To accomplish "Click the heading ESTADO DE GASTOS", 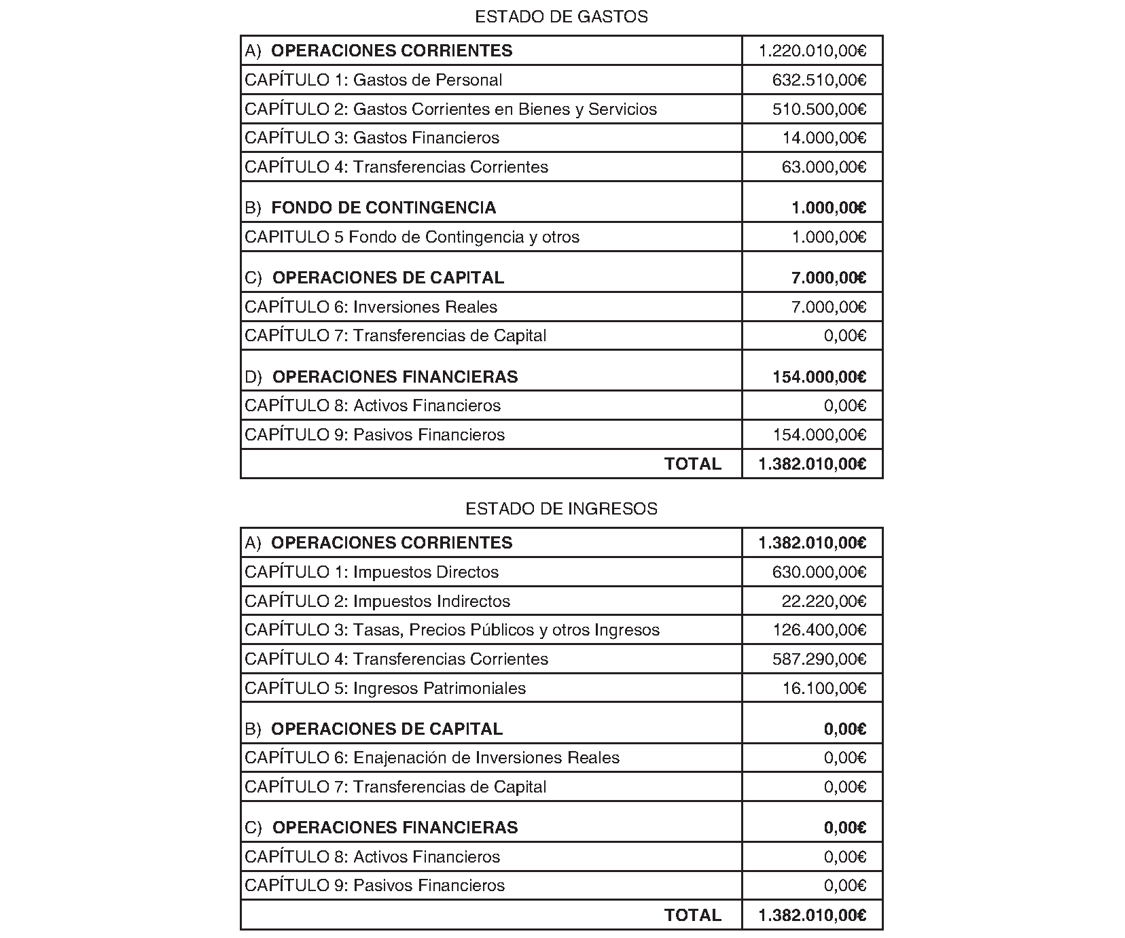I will tap(561, 17).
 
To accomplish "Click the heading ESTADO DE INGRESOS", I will tap(561, 509).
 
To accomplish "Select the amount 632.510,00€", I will tap(819, 80).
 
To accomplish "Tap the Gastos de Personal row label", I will tap(373, 80).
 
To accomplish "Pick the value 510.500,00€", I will tap(819, 109).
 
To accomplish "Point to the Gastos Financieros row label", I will tap(372, 138).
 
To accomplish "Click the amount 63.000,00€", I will tap(823, 167).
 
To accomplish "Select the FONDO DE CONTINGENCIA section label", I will tap(383, 208).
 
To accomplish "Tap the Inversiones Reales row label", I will tap(371, 307).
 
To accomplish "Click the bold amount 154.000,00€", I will tap(819, 377).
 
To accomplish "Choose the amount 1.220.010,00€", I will tap(812, 51).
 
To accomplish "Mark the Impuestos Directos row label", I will tap(372, 572).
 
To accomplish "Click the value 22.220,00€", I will tap(823, 602).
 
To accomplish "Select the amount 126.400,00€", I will tap(819, 630).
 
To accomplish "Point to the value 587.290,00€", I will tap(819, 659).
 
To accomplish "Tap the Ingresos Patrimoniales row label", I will tap(385, 689).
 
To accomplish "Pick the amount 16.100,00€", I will tap(823, 689).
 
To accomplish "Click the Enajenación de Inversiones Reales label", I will tap(432, 758).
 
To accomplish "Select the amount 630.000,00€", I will tap(819, 572).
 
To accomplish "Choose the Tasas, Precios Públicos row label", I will tap(452, 630).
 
